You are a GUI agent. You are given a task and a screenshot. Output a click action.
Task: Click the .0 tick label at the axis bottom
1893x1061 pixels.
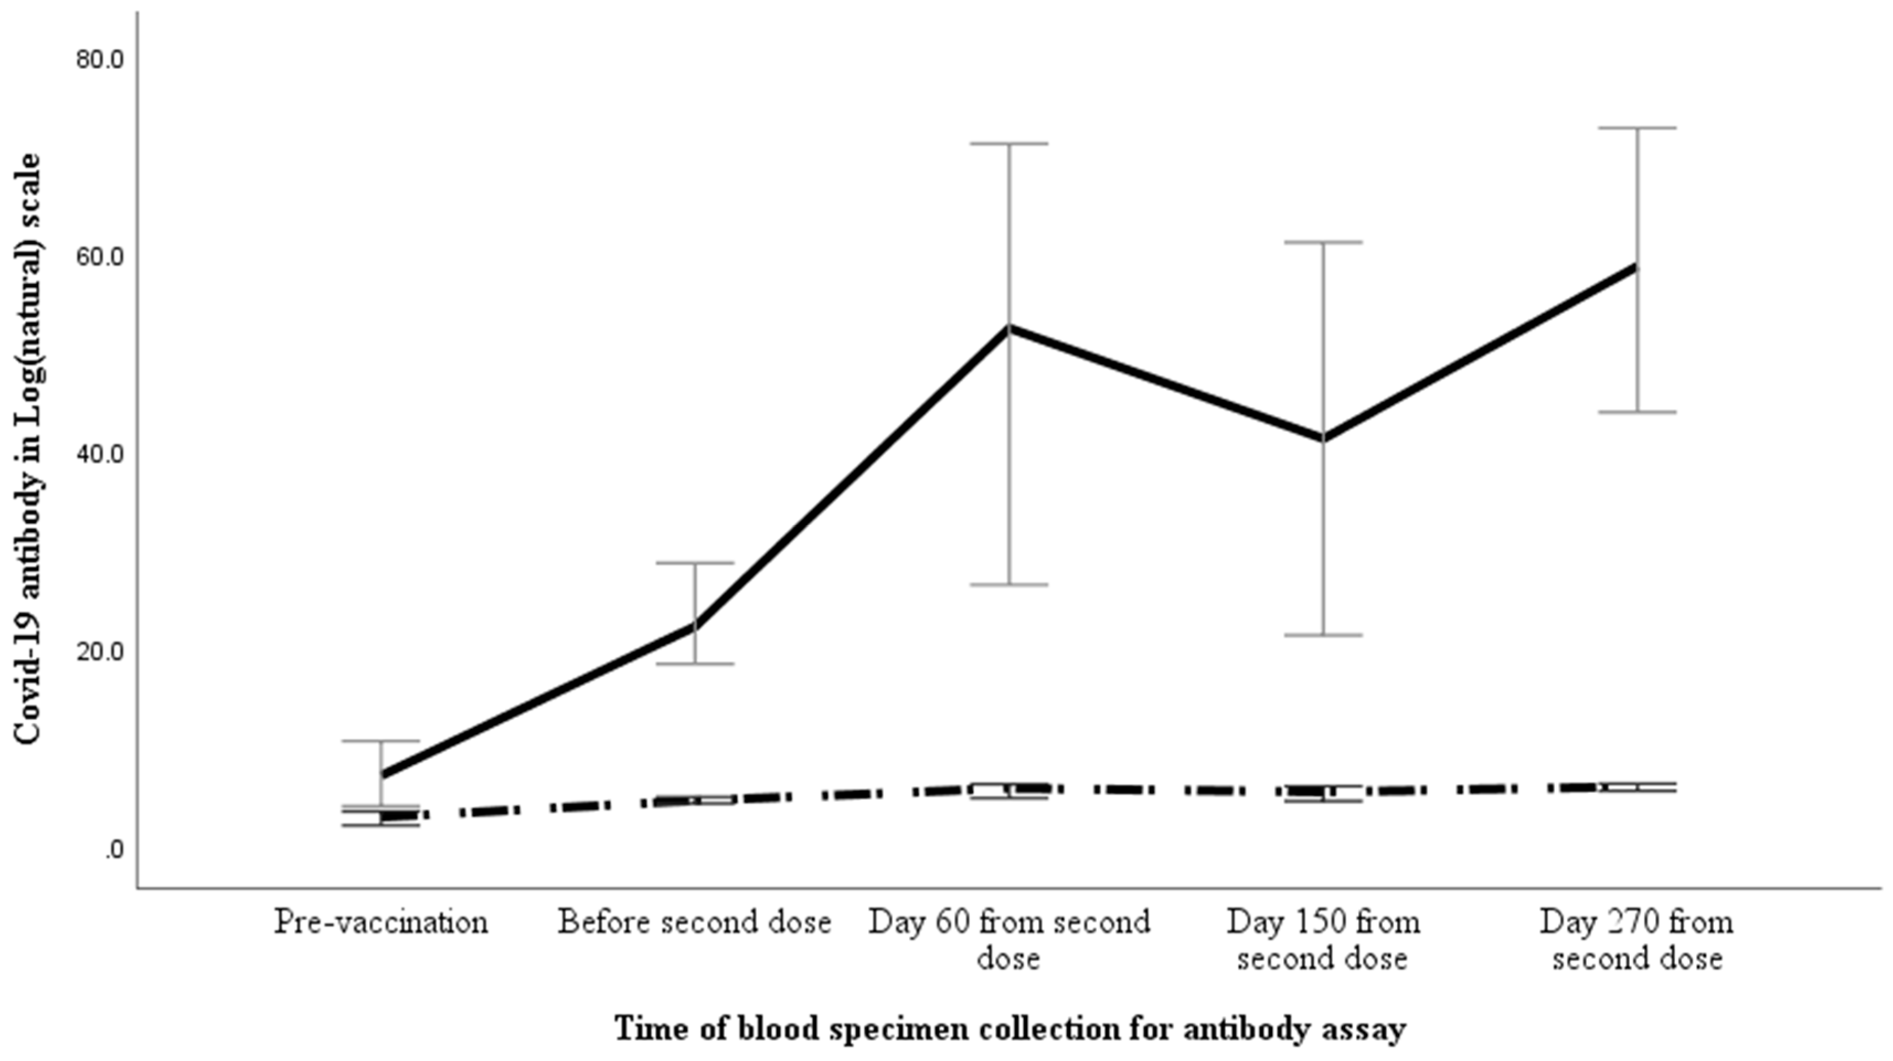(114, 850)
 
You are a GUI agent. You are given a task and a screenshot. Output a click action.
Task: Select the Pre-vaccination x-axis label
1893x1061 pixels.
(381, 922)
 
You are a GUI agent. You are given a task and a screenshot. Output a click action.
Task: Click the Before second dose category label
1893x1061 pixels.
(695, 922)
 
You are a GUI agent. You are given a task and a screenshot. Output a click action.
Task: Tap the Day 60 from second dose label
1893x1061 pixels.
(1009, 939)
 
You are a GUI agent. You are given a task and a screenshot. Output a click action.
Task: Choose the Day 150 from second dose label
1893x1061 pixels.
(1323, 939)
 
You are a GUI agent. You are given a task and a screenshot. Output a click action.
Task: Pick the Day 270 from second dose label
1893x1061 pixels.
(1636, 939)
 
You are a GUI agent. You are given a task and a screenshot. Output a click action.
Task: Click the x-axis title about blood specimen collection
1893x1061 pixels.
(1010, 1028)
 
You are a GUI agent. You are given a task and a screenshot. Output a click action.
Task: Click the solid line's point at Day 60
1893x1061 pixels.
(1009, 328)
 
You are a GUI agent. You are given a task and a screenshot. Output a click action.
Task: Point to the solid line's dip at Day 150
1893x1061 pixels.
(1323, 439)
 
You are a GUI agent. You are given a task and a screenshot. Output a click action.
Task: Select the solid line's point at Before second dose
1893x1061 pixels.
(695, 626)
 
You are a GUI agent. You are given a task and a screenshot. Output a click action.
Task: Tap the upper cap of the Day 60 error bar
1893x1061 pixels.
(1009, 144)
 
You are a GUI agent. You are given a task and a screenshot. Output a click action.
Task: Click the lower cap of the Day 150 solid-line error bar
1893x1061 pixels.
(1323, 635)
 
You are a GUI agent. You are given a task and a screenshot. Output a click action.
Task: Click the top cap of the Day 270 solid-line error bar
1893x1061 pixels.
(1636, 128)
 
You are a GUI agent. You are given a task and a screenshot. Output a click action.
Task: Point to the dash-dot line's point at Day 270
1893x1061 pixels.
(1636, 787)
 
